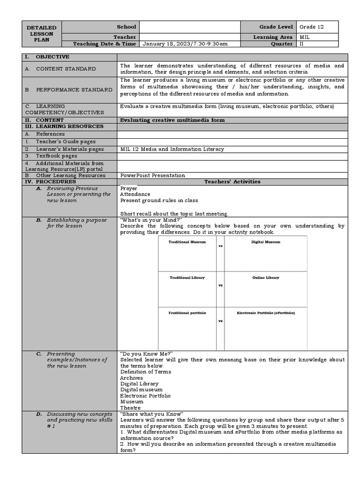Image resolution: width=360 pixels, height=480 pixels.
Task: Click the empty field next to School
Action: pyautogui.click(x=189, y=27)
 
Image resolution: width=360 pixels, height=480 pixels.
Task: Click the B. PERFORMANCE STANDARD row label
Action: pyautogui.click(x=68, y=90)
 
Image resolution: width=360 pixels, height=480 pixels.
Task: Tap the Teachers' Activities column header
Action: pyautogui.click(x=232, y=181)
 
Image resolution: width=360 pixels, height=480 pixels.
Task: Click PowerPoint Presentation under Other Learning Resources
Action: pyautogui.click(x=152, y=175)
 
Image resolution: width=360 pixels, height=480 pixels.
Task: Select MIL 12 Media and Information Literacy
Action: pyautogui.click(x=172, y=149)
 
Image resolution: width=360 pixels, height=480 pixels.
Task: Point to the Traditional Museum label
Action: pyautogui.click(x=187, y=242)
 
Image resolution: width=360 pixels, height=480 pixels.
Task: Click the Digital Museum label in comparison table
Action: pyautogui.click(x=266, y=242)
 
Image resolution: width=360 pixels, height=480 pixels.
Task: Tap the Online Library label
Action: pyautogui.click(x=266, y=277)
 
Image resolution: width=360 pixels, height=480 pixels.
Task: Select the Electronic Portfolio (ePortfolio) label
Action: pyautogui.click(x=266, y=312)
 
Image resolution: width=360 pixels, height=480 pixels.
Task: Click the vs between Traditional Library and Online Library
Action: pyautogui.click(x=220, y=285)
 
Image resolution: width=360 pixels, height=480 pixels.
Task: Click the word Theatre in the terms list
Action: pyautogui.click(x=130, y=408)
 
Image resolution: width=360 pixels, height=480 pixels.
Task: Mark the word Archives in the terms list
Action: pyautogui.click(x=132, y=378)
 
